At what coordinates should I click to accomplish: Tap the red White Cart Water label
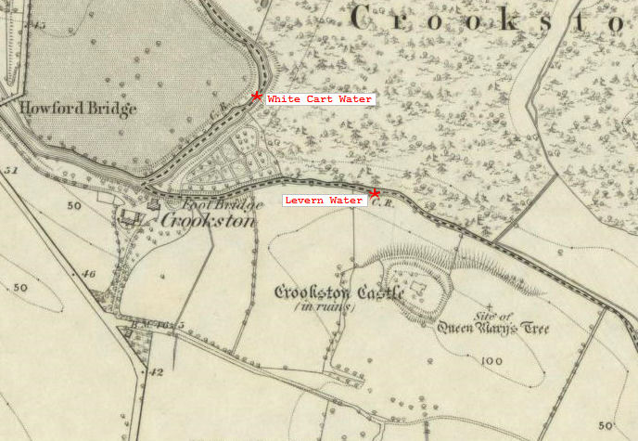coord(320,98)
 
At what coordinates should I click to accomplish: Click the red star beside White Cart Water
coord(256,96)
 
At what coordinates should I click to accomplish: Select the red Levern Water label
coord(324,200)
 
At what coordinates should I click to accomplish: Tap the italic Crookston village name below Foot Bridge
coord(208,221)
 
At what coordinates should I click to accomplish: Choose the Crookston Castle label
coord(339,293)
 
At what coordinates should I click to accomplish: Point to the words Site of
coord(500,316)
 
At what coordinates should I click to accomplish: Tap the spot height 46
coord(89,274)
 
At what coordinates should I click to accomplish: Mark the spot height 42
coord(156,371)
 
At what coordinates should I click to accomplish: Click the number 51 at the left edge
coord(11,171)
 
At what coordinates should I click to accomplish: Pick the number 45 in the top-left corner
coord(37,24)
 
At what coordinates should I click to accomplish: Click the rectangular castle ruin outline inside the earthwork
coord(418,291)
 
